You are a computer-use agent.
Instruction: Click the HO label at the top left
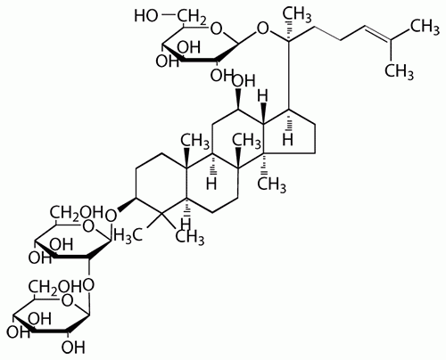click(x=145, y=16)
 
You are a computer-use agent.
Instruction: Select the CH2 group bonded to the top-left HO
click(x=192, y=17)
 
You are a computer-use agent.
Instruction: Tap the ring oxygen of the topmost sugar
click(x=216, y=29)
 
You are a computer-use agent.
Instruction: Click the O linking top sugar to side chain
click(x=262, y=29)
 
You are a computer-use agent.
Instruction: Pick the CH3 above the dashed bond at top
click(x=296, y=14)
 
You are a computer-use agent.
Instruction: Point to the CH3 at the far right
click(x=425, y=28)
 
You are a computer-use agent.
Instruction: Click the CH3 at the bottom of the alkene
click(x=399, y=72)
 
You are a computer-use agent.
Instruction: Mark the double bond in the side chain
click(x=377, y=32)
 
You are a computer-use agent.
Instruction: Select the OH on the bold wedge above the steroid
click(x=244, y=80)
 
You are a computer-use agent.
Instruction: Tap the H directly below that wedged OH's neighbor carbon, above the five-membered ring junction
click(x=262, y=96)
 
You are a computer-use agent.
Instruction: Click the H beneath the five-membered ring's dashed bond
click(x=287, y=140)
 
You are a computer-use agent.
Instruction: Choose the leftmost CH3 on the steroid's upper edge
click(x=195, y=140)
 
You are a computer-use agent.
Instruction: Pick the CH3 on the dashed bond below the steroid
click(x=271, y=184)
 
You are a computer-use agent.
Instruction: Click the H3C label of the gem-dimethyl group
click(x=128, y=236)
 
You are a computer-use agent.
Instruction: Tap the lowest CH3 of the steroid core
click(x=190, y=237)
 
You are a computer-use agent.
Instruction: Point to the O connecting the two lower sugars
click(x=88, y=284)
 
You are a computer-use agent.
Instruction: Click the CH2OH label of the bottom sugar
click(x=54, y=286)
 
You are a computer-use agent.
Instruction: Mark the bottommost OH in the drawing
click(x=73, y=347)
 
